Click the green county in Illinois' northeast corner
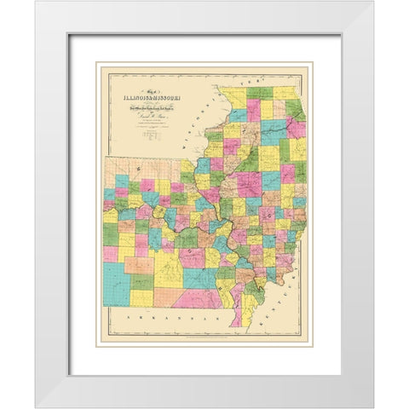click(294, 108)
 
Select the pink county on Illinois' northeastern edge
click(297, 130)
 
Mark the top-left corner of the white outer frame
click(37, 3)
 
